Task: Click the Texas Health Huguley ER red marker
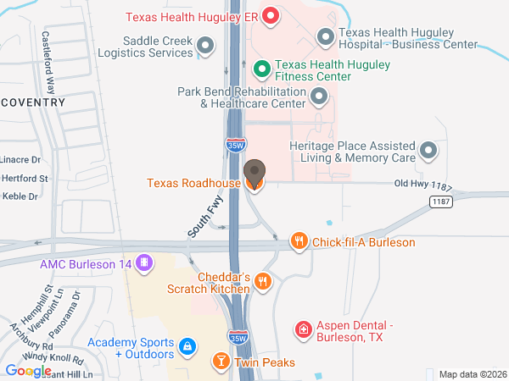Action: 271,15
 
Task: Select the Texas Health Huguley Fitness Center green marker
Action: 263,67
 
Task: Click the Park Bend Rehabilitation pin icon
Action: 319,97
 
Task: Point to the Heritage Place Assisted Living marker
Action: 429,151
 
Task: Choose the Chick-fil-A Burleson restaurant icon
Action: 299,242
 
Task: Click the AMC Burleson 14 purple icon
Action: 145,263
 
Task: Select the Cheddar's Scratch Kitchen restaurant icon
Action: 263,281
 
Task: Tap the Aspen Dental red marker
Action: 302,329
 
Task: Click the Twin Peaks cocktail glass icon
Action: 221,362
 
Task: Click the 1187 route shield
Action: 440,202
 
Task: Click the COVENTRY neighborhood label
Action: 34,102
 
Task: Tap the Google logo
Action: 28,370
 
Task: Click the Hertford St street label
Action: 24,179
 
